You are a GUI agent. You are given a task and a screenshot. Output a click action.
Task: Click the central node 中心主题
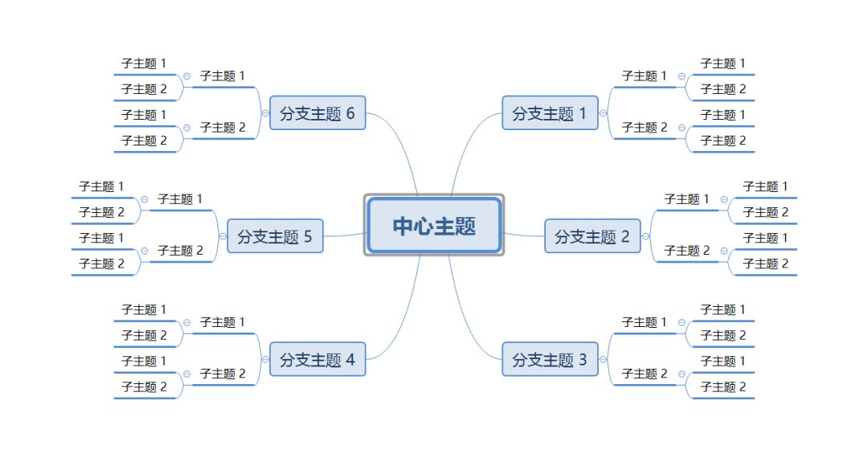434,226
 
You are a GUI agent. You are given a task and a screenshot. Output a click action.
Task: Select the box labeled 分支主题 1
550,113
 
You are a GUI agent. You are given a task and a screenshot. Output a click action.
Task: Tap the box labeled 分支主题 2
592,236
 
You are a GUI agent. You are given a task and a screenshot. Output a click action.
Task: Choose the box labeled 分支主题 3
550,359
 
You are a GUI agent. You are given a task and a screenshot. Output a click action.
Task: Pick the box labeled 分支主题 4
317,359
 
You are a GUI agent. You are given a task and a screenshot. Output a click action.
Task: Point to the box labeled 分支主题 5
274,236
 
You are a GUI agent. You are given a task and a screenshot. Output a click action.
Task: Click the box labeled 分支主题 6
317,113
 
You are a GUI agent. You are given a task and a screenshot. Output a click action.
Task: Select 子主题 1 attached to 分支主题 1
644,76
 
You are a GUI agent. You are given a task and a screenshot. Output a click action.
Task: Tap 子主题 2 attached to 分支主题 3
644,374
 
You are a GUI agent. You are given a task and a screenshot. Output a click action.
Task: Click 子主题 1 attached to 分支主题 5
180,199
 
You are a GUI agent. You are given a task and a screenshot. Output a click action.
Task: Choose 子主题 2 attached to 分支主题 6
223,127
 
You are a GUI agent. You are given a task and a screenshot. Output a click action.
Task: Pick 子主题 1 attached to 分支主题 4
223,322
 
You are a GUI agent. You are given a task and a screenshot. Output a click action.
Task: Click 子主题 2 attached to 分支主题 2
686,251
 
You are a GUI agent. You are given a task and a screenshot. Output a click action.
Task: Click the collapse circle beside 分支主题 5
223,236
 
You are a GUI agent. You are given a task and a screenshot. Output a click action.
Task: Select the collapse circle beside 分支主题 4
265,359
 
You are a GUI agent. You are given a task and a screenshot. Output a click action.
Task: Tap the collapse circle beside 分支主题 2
645,236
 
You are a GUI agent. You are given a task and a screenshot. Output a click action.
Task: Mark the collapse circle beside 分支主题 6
265,113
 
